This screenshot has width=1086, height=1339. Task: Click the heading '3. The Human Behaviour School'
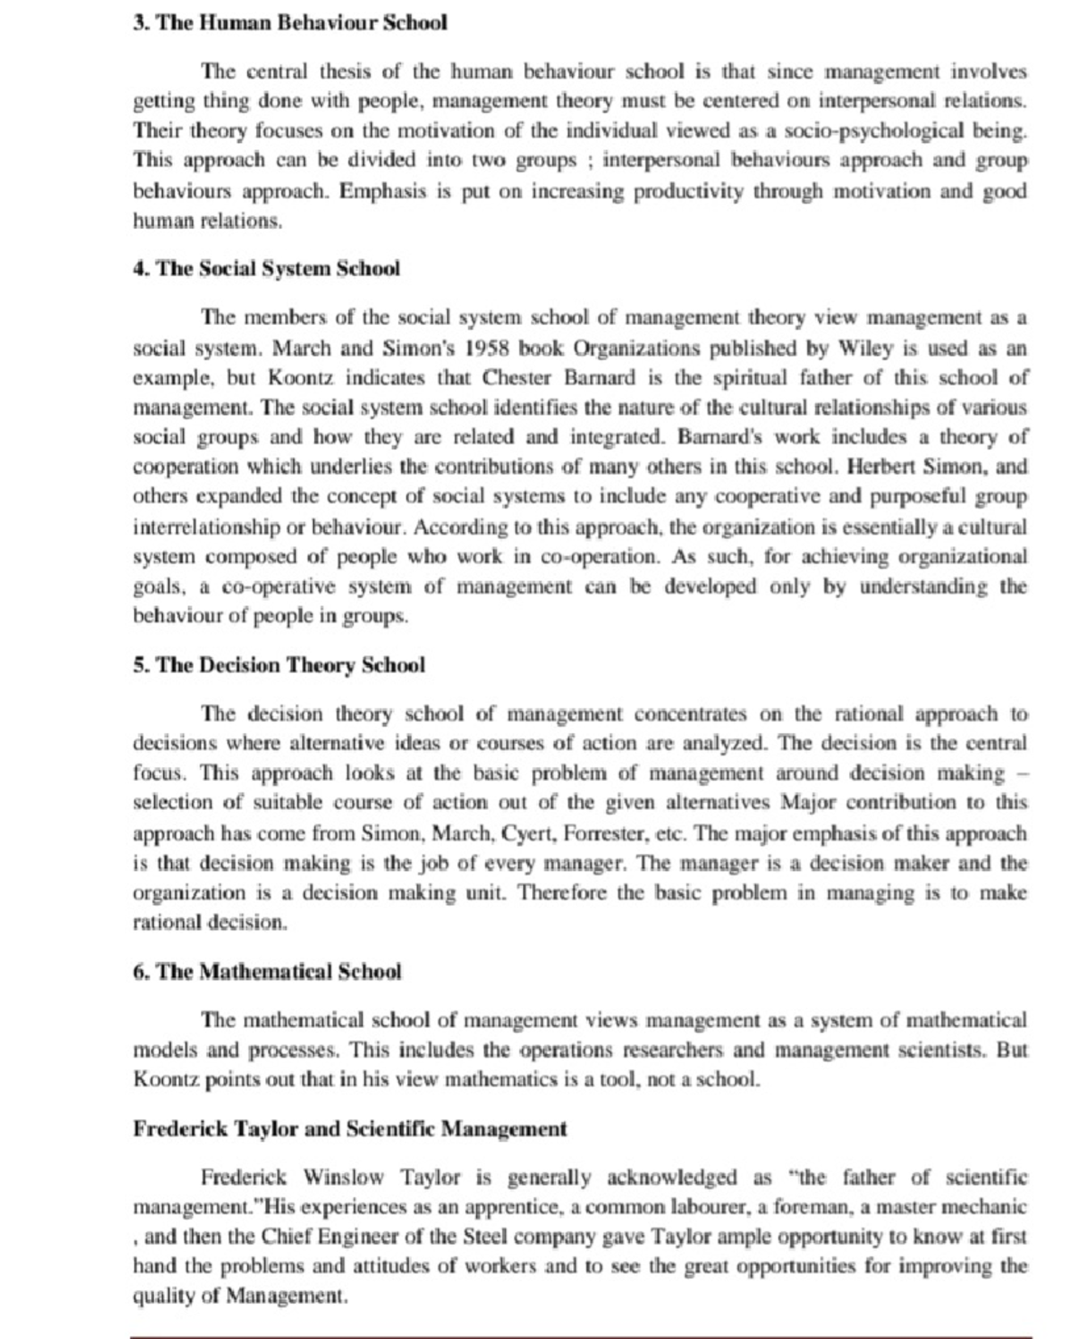click(x=290, y=23)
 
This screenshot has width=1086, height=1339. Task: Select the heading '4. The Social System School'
click(x=266, y=269)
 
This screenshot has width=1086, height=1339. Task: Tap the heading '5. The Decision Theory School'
click(x=279, y=666)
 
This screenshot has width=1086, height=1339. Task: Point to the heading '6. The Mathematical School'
click(x=267, y=973)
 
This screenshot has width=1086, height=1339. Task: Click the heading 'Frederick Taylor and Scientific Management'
click(x=350, y=1129)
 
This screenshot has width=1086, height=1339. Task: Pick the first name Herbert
click(x=882, y=468)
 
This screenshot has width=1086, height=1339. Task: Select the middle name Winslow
click(x=343, y=1178)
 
